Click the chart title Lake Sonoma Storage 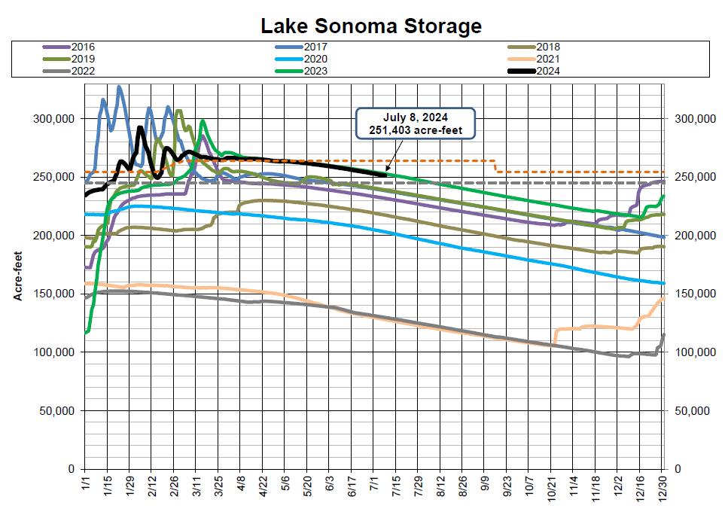(x=370, y=26)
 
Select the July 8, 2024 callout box (x=416, y=124)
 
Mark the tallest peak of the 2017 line (x=119, y=87)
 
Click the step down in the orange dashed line (x=495, y=166)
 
